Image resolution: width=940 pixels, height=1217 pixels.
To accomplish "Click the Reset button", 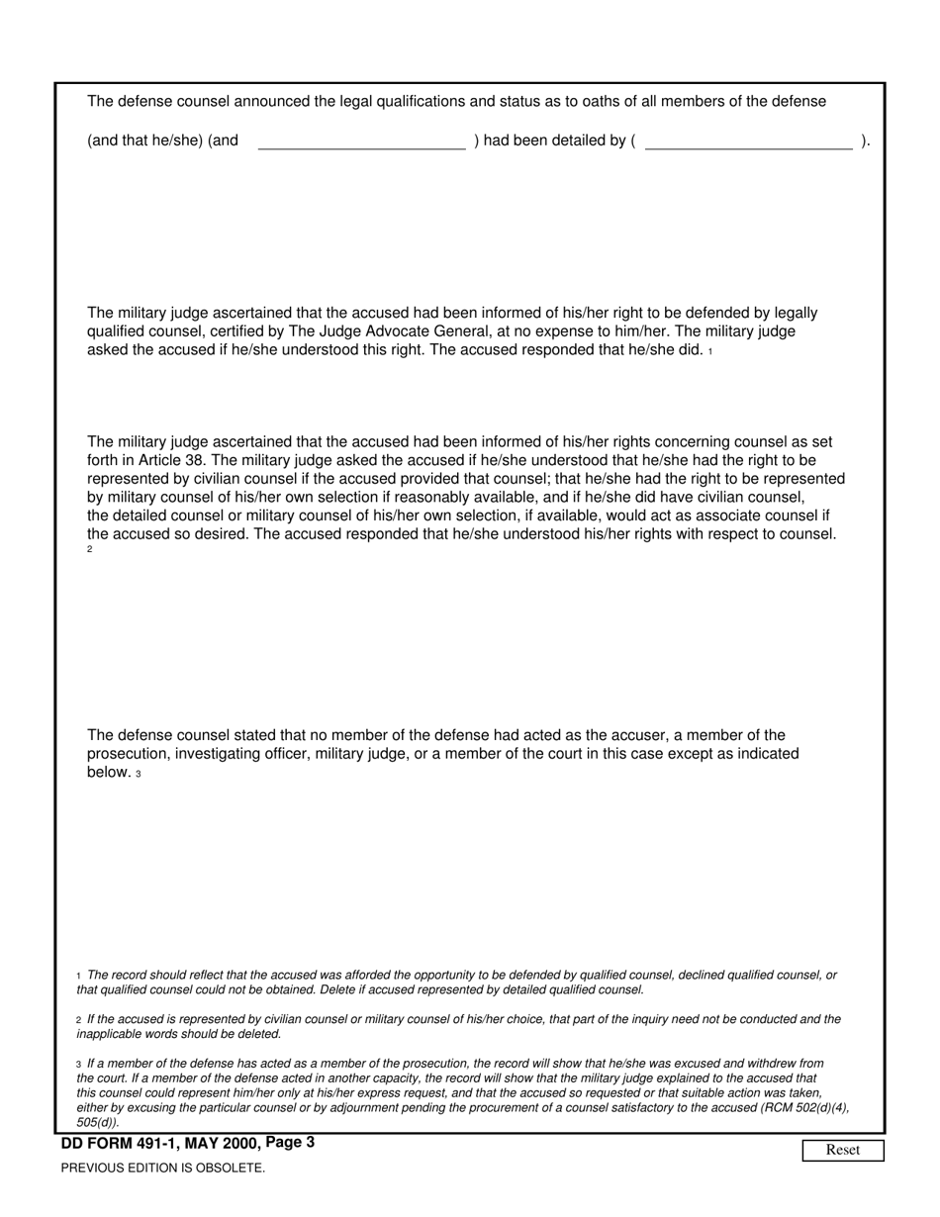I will coord(842,1150).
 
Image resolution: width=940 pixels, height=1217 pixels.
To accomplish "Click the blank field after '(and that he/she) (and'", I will coord(361,140).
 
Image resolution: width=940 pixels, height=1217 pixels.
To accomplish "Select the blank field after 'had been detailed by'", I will coord(748,140).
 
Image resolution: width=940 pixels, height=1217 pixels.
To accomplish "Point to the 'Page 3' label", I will coord(290,1143).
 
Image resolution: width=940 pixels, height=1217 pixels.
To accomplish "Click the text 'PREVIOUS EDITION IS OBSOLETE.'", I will coord(163,1168).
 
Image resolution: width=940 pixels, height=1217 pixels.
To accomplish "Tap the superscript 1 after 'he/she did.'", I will coord(710,352).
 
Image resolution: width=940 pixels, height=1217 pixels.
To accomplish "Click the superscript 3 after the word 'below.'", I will coord(139,774).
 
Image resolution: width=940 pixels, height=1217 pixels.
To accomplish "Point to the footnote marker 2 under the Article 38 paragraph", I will coord(90,550).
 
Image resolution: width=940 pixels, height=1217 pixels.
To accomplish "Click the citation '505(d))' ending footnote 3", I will coord(98,1122).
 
